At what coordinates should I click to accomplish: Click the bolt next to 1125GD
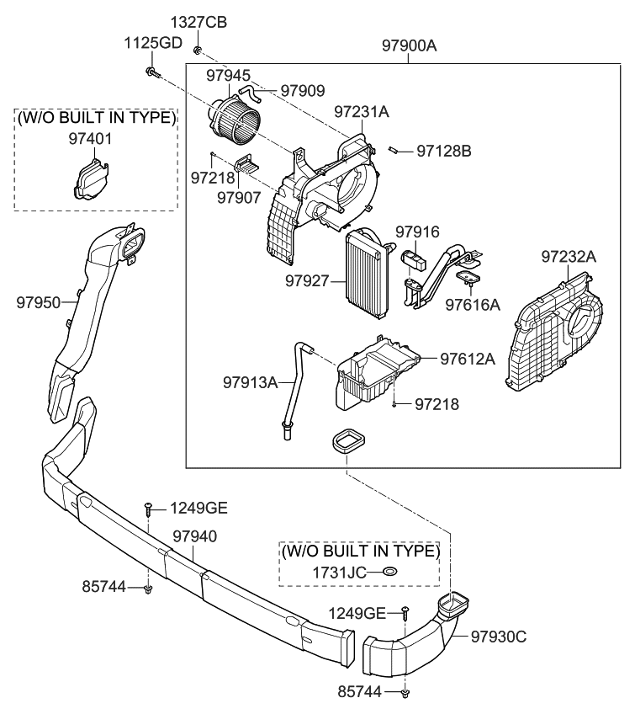point(152,72)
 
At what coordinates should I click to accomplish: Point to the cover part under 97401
point(87,178)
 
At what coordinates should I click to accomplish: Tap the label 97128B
point(443,152)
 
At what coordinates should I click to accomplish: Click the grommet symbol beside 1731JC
point(389,573)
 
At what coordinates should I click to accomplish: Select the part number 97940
point(195,535)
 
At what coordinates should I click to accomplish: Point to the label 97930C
point(498,637)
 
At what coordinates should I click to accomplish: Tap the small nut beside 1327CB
point(196,51)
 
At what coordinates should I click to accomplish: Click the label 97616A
point(473,302)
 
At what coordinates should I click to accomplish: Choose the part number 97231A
point(362,111)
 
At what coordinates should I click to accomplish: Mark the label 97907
point(239,197)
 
